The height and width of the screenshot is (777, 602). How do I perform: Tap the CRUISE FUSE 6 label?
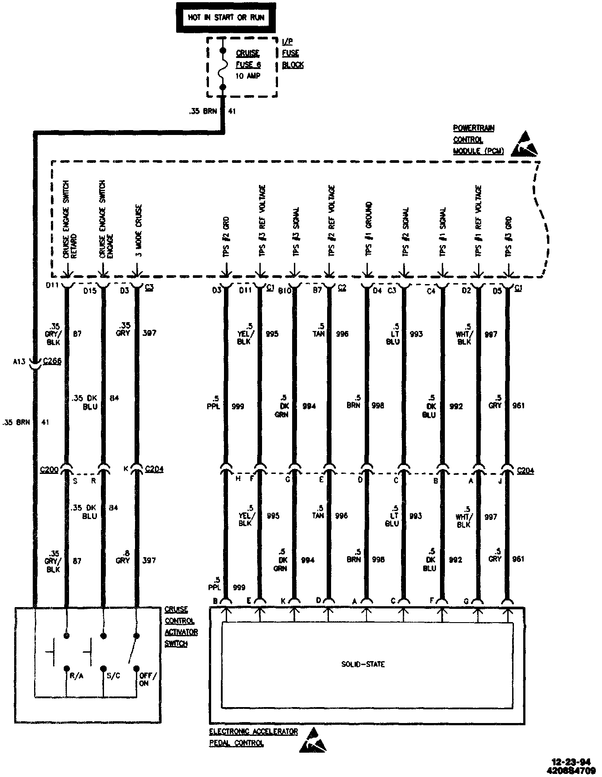(x=248, y=59)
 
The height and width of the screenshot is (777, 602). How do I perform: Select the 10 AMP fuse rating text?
(x=248, y=76)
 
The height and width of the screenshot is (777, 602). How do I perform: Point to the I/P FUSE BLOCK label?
(x=293, y=53)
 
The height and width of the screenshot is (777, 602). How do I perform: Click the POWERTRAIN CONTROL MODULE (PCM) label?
(x=478, y=140)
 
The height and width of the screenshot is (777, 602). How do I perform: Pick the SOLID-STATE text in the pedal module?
(x=363, y=664)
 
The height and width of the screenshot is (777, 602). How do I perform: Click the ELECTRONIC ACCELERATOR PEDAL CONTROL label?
(x=253, y=738)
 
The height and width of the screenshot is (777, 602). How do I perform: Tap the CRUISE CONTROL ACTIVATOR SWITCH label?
(x=181, y=627)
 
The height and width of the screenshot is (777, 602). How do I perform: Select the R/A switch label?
(x=77, y=676)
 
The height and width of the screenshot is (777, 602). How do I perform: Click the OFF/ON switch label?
(x=148, y=679)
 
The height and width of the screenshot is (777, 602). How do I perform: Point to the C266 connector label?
(x=52, y=362)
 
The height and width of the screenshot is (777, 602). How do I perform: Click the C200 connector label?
(x=49, y=469)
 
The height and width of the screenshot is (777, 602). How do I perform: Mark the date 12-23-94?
(x=571, y=762)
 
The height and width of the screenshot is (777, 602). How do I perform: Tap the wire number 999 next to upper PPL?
(x=238, y=406)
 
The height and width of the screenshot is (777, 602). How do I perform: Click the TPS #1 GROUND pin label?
(x=368, y=229)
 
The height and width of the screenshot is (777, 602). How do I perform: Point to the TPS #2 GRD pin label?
(x=226, y=237)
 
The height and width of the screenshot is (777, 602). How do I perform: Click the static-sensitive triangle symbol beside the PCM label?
(x=525, y=144)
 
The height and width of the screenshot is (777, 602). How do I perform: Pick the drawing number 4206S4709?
(x=571, y=770)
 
